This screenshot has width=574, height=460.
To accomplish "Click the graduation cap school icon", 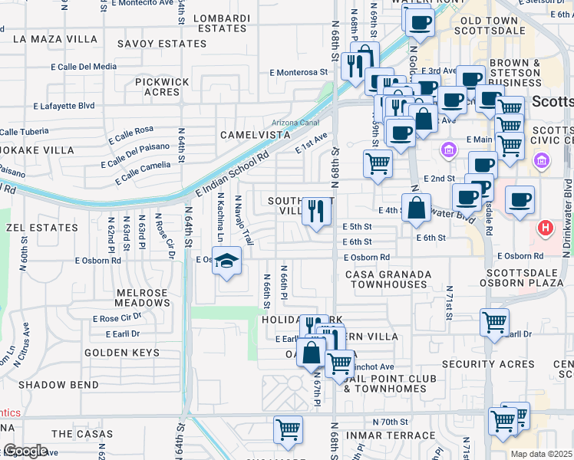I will (x=226, y=261).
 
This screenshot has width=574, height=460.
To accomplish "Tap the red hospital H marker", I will (x=545, y=228).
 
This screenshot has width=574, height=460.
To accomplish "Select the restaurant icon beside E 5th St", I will (x=316, y=210).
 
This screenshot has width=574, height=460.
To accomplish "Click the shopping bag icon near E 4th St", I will (x=416, y=208).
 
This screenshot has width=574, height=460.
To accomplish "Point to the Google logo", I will (x=25, y=451).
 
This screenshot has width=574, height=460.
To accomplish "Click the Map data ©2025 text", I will (x=542, y=454).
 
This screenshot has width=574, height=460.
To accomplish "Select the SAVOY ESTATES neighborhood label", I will (x=162, y=44).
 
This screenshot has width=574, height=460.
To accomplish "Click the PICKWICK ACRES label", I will (x=162, y=87).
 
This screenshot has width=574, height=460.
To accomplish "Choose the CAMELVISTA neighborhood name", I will (x=255, y=135).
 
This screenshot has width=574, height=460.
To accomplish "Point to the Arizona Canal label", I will (x=296, y=123).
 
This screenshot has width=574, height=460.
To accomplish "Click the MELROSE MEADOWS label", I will (x=143, y=297).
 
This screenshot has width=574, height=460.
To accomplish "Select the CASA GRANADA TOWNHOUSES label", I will (x=386, y=279).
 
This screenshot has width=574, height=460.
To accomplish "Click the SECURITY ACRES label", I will (x=488, y=364).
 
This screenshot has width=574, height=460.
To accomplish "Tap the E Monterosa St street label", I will (x=299, y=73).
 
